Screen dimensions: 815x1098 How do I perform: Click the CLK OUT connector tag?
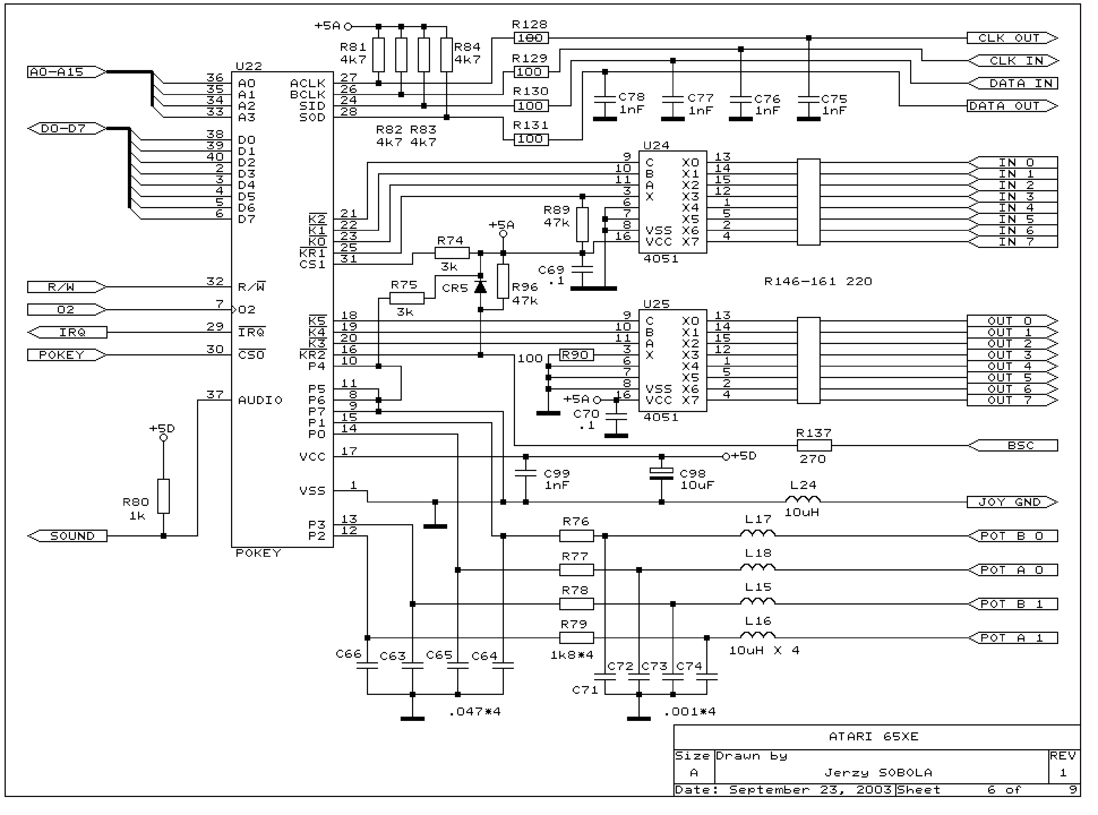[x=1011, y=38]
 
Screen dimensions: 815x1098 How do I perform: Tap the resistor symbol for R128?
[x=531, y=38]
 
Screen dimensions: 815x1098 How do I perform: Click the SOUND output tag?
[x=67, y=536]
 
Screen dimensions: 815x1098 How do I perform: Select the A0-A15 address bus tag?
[x=65, y=72]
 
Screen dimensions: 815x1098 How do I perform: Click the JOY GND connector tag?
[x=1011, y=502]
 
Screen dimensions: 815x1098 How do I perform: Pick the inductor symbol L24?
[x=803, y=500]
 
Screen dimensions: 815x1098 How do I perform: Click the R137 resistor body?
[x=814, y=446]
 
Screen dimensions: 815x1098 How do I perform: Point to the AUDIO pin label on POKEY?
[x=260, y=400]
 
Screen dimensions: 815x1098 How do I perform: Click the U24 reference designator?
[x=656, y=146]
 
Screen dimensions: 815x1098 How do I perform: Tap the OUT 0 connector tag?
[x=1011, y=321]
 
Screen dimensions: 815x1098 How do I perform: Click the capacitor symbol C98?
[x=661, y=474]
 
